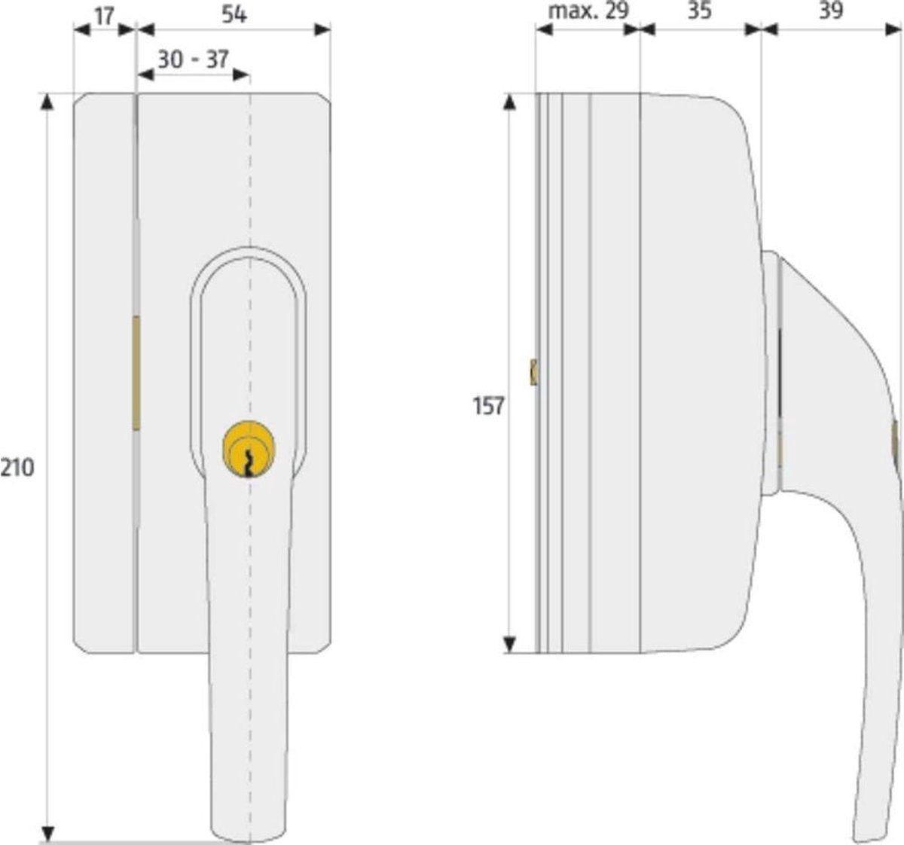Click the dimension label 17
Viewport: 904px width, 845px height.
tap(104, 17)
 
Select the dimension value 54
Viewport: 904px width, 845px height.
tap(234, 15)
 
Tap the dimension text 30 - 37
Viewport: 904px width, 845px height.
tap(193, 59)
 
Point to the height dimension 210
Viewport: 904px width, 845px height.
tap(17, 468)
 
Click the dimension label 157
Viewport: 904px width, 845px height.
tap(488, 406)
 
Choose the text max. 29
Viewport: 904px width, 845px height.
tap(588, 11)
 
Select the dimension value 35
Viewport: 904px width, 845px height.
tap(699, 11)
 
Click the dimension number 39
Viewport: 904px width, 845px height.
tap(831, 11)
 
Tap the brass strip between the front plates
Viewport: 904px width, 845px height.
tap(136, 373)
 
